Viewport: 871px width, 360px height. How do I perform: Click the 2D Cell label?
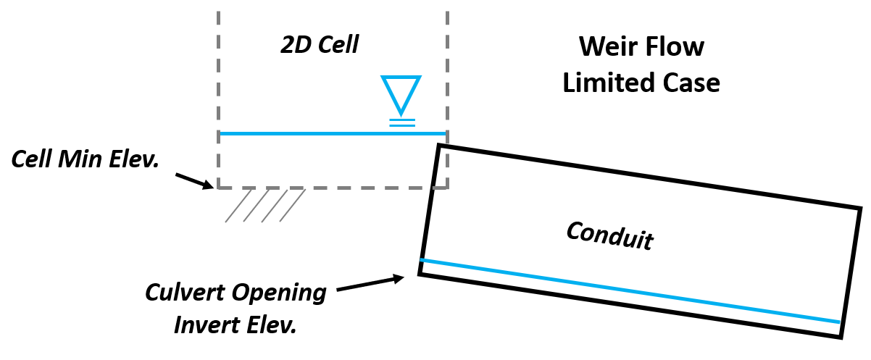pos(320,46)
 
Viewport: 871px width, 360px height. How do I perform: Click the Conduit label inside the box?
pos(609,236)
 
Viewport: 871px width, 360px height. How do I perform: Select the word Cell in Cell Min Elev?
pos(32,159)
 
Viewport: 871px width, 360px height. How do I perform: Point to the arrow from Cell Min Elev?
pos(193,179)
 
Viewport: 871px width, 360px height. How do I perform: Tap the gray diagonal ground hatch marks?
pos(264,206)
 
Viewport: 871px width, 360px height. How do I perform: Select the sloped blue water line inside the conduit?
pos(630,290)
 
